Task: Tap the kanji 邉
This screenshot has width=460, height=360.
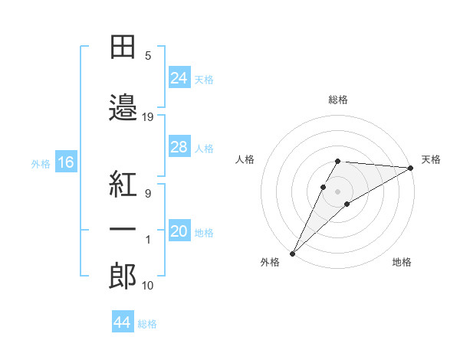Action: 123,107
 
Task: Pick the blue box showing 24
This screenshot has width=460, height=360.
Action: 179,78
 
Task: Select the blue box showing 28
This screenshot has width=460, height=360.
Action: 179,147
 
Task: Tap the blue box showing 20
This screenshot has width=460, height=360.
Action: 179,232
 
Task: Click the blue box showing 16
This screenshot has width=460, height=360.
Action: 65,162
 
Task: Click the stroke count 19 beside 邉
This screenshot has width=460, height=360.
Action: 148,117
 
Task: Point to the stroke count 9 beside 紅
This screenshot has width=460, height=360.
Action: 147,193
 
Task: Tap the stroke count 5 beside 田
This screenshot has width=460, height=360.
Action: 147,56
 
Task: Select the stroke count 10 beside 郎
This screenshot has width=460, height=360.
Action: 148,286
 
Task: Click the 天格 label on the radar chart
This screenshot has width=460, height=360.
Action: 431,159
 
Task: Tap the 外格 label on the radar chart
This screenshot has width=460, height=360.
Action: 269,263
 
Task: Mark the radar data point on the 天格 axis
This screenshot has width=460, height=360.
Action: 411,168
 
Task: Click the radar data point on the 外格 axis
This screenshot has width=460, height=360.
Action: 292,253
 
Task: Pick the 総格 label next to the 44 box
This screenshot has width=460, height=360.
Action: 147,324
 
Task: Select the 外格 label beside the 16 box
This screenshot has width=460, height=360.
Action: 40,163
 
